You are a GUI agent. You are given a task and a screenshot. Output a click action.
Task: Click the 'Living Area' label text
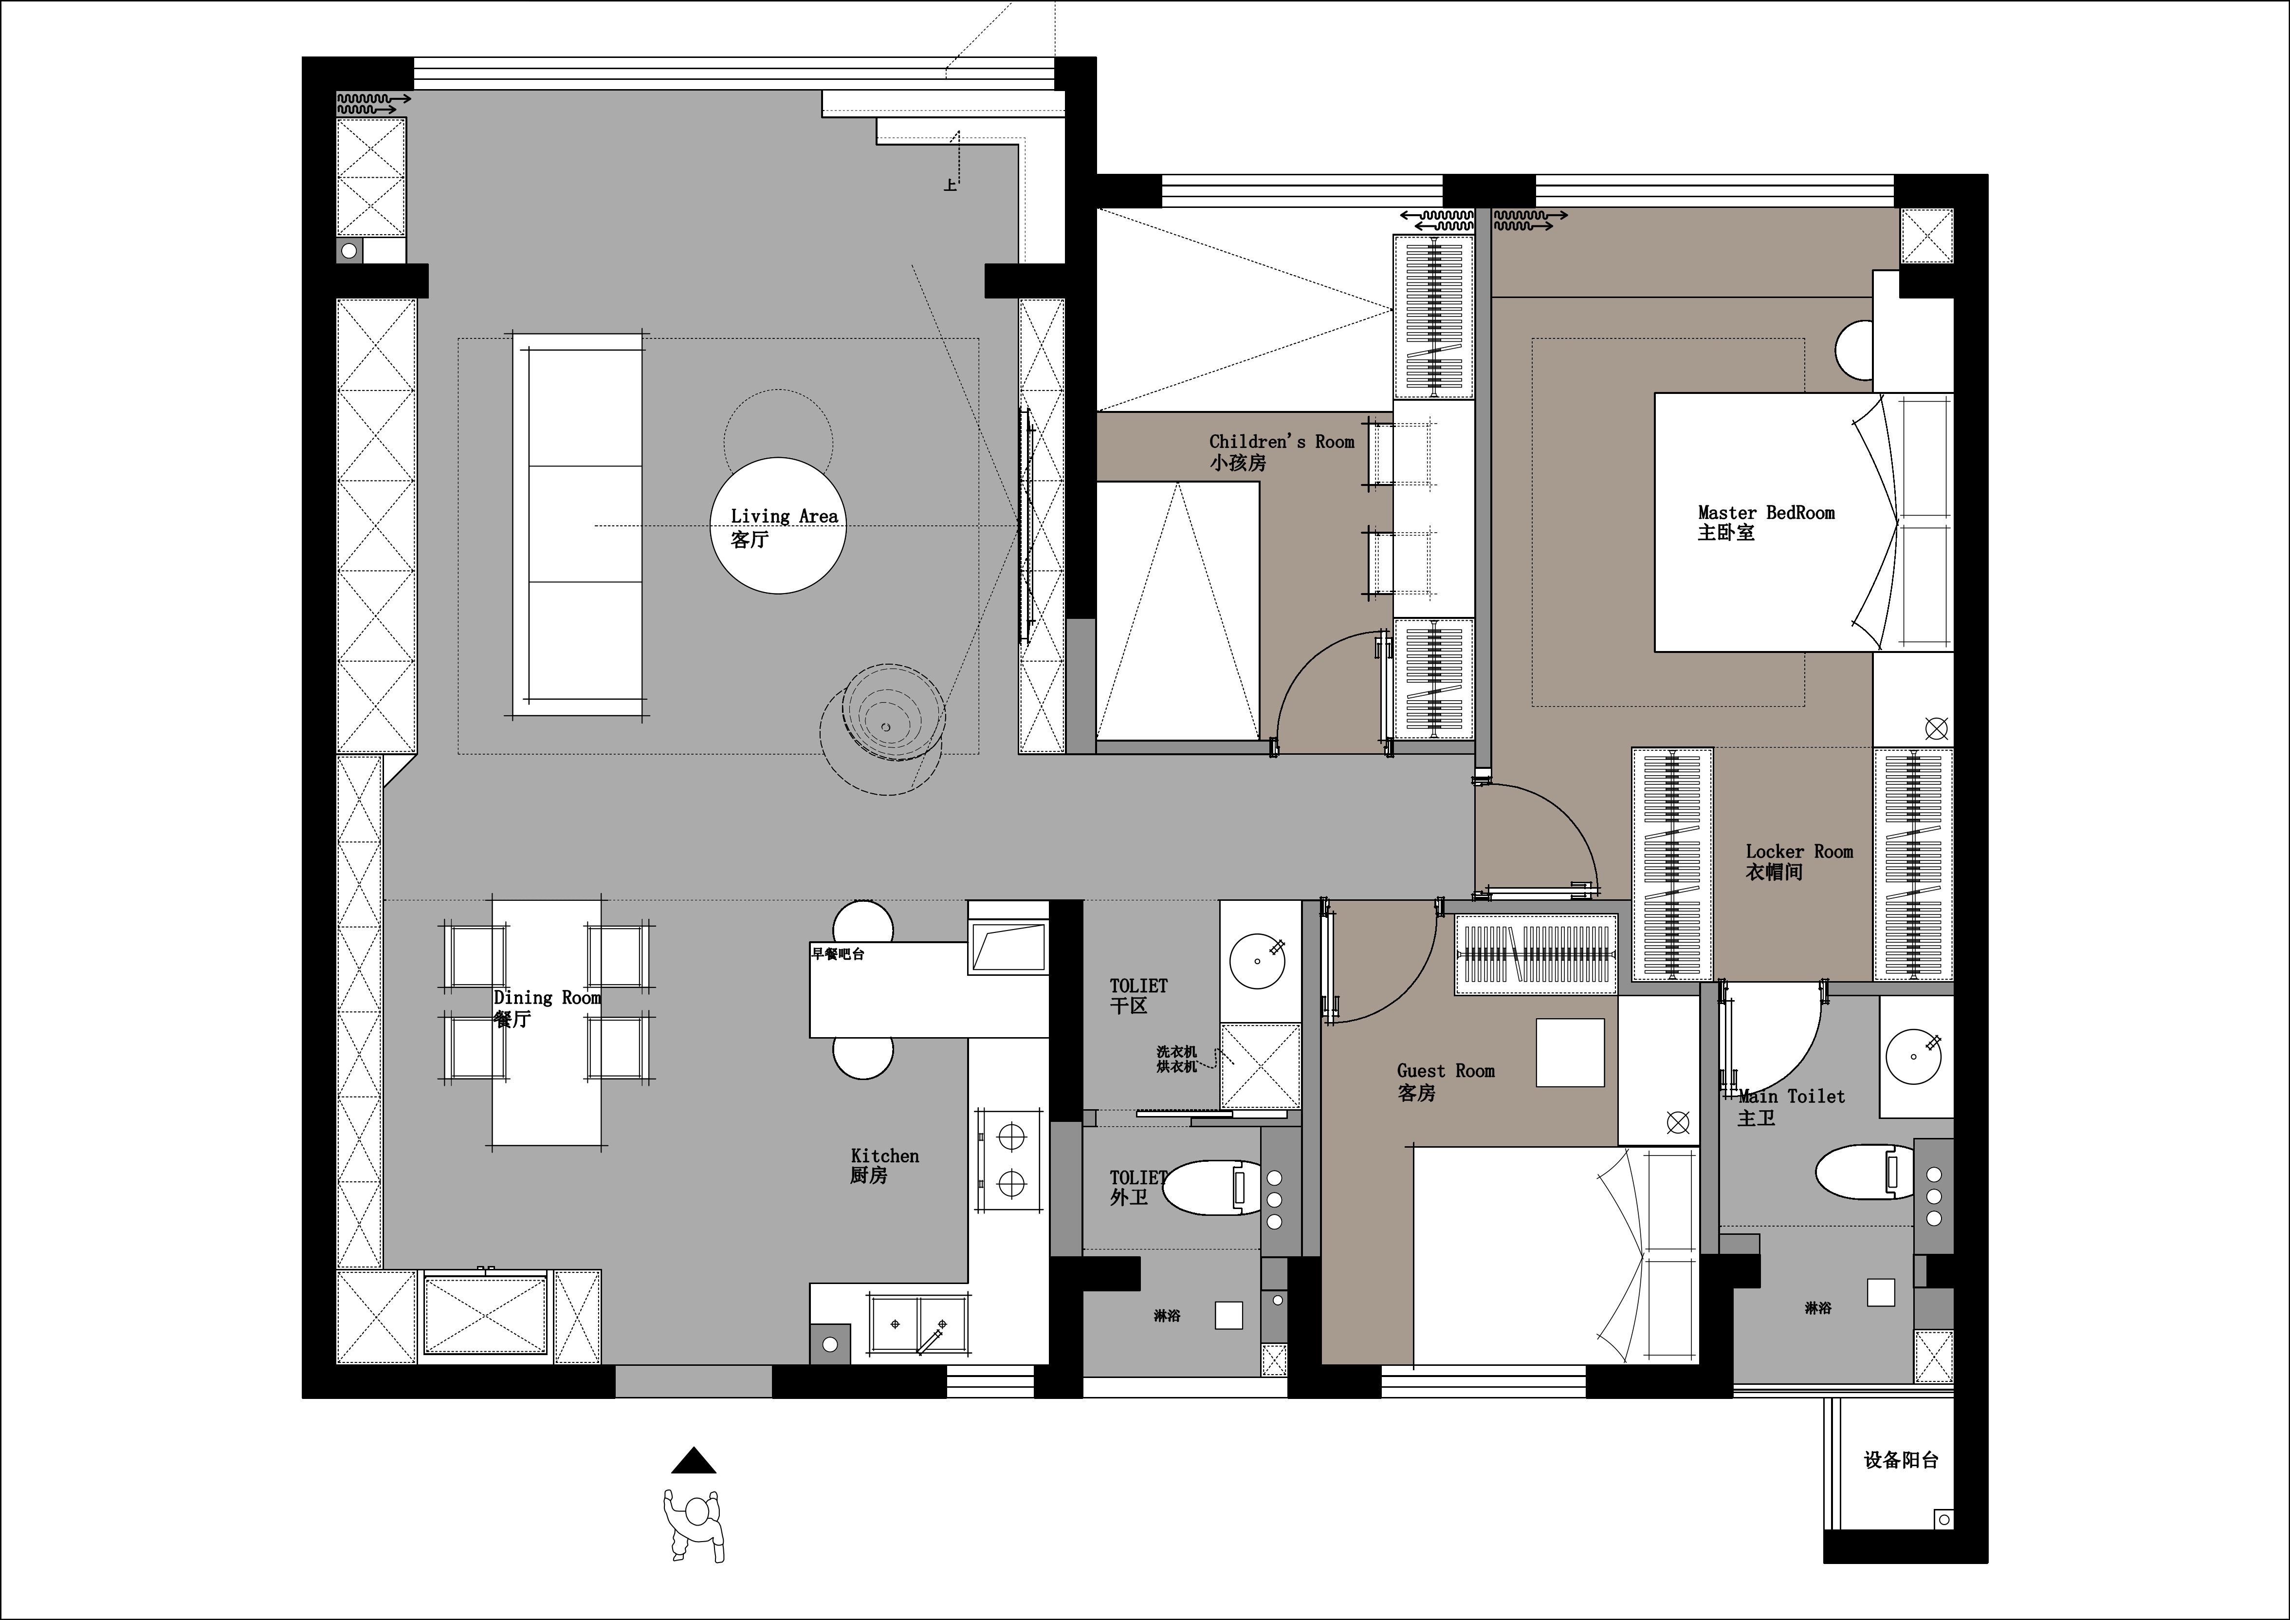(x=784, y=516)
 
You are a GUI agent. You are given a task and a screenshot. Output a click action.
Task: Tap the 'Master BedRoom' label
(x=1766, y=513)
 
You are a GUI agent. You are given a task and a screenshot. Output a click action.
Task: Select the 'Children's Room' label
(x=1282, y=441)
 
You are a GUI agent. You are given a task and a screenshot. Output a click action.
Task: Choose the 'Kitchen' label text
(x=885, y=1155)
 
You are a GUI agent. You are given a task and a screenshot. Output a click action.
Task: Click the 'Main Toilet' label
(x=1791, y=1096)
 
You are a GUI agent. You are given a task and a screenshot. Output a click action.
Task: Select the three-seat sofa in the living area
(x=579, y=525)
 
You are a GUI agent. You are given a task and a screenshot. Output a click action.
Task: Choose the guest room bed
(x=1556, y=1255)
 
